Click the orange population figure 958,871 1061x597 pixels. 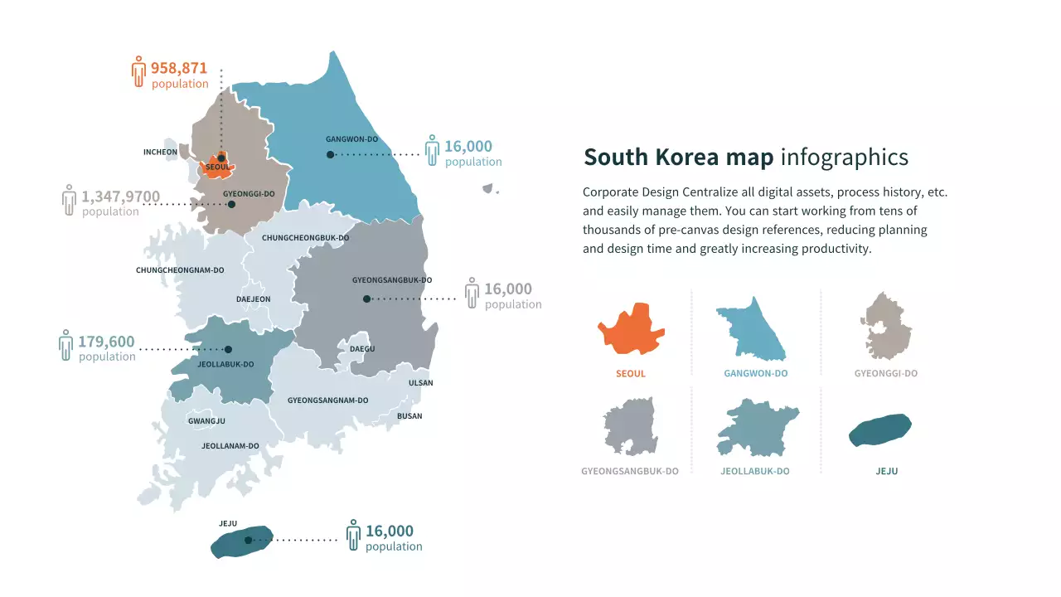click(179, 68)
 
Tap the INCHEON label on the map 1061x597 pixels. click(160, 153)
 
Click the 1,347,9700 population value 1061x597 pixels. click(120, 197)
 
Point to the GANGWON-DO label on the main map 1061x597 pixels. click(351, 139)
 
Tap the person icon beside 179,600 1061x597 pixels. click(66, 345)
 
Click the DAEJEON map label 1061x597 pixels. click(253, 299)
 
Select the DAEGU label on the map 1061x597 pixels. click(362, 349)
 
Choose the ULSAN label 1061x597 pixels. click(420, 383)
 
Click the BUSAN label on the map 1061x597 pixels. click(409, 416)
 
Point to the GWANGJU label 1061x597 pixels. click(206, 421)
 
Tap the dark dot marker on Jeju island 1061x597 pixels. click(248, 540)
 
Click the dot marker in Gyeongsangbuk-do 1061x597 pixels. click(366, 298)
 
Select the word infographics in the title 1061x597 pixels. click(844, 158)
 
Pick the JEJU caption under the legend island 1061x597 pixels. click(886, 471)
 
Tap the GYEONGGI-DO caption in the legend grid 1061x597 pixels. click(886, 373)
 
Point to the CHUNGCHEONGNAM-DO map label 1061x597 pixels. click(180, 270)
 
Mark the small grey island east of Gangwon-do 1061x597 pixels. click(488, 189)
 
